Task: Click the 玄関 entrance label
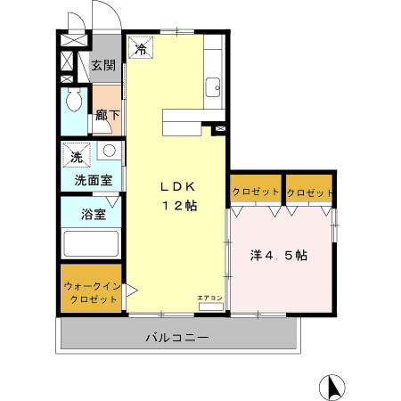[103, 65]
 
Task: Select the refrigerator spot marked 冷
[140, 49]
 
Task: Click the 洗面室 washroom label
[93, 179]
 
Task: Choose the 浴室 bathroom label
[93, 215]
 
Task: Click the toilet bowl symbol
[74, 99]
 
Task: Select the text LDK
[178, 186]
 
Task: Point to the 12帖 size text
[178, 205]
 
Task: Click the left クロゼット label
[254, 192]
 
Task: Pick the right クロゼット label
[310, 192]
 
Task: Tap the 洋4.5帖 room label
[278, 255]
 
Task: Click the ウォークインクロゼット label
[91, 292]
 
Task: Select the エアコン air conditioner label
[210, 298]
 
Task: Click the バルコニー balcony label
[177, 338]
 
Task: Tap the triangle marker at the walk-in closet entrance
[130, 291]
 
